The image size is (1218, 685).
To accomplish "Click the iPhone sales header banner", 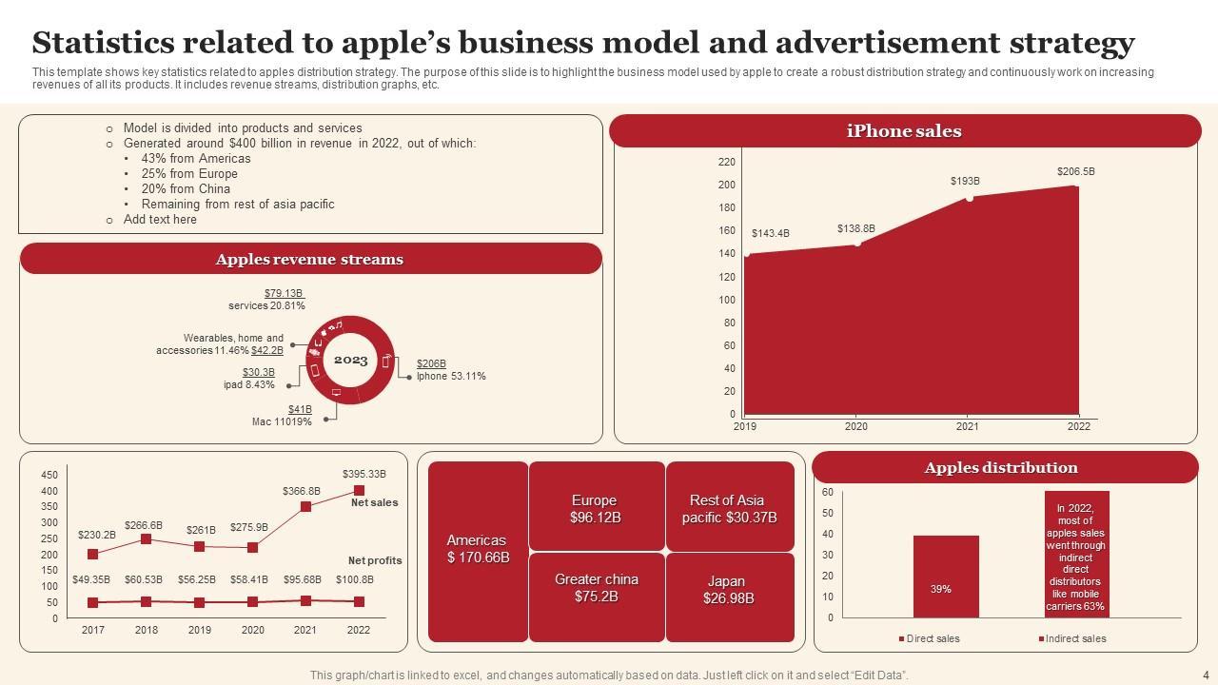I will [904, 131].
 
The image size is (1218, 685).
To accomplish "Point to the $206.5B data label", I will [1076, 171].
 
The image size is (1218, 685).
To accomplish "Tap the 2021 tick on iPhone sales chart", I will [967, 427].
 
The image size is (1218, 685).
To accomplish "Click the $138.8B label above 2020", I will [855, 228].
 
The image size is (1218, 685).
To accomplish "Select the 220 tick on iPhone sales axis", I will [727, 163].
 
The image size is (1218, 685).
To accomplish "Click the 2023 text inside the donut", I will [350, 360].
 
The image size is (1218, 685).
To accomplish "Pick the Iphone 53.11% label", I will [451, 376].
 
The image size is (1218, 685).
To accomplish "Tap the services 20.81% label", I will [266, 306].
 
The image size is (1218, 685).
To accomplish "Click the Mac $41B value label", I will [300, 409].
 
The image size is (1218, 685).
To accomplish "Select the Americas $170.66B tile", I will [478, 550].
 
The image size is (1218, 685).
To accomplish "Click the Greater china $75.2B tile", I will [597, 588].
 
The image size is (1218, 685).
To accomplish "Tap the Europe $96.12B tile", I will [595, 509].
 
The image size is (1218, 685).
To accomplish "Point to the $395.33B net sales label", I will [363, 474].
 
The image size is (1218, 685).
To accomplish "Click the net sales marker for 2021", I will [305, 507].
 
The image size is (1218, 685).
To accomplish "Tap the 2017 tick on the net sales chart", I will [93, 630].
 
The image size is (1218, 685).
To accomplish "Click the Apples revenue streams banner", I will [309, 259].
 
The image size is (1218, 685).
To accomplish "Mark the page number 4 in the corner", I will [1206, 675].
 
